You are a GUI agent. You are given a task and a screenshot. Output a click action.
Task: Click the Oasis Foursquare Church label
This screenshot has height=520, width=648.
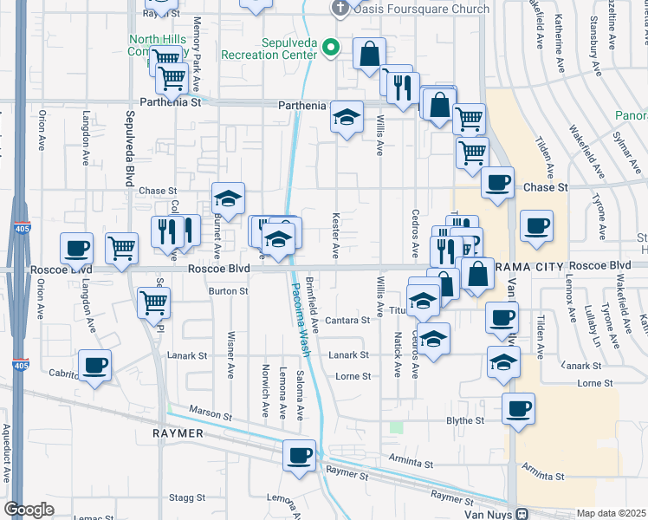421,10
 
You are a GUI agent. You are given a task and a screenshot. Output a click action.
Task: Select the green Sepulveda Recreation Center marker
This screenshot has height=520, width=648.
330,47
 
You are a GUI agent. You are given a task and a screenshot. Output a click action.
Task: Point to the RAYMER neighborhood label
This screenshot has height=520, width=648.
178,433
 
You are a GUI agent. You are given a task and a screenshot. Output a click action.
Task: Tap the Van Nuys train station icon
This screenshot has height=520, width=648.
522,513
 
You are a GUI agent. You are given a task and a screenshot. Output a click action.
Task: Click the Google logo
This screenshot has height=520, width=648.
29,510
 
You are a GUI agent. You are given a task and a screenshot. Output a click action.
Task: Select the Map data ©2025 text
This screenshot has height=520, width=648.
611,513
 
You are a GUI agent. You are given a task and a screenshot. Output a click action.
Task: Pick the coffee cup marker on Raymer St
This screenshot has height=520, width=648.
301,455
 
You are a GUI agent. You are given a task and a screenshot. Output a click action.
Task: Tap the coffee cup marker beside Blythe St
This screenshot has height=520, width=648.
518,408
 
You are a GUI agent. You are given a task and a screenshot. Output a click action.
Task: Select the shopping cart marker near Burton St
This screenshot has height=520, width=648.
153,302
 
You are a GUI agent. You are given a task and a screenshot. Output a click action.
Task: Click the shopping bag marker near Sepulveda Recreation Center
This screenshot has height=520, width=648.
370,53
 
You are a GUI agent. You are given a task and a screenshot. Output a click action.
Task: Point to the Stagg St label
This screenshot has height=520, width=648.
186,498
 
